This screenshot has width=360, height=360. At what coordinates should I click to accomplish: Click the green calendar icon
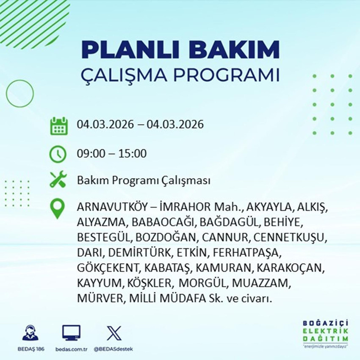(x=58, y=125)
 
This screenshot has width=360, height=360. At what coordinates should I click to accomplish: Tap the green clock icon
(x=58, y=153)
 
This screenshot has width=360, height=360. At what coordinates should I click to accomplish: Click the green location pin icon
(x=58, y=209)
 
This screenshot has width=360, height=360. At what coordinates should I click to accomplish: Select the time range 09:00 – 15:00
(x=112, y=153)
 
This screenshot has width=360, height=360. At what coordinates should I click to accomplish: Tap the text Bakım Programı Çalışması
(x=144, y=181)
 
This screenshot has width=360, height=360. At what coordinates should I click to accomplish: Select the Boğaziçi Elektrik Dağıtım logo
(x=325, y=333)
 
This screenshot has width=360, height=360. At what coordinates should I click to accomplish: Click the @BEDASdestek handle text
(x=113, y=349)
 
